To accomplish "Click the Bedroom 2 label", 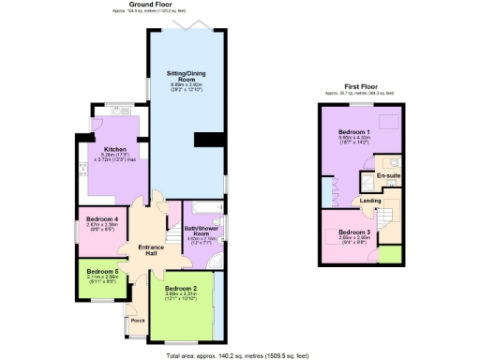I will click(182, 288).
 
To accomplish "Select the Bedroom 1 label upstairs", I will click(354, 131).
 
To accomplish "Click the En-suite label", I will click(388, 175).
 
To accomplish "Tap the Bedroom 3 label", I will click(354, 232).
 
